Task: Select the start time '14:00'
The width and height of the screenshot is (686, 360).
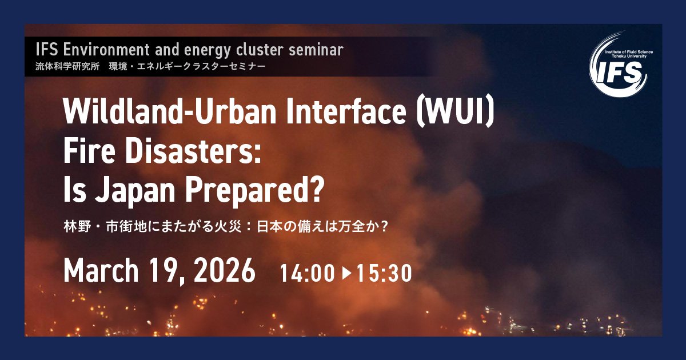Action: click(x=307, y=274)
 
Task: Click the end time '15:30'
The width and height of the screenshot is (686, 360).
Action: click(x=384, y=274)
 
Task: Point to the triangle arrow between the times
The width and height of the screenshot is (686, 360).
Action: click(x=346, y=274)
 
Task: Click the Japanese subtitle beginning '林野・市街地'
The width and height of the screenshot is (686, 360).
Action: click(x=226, y=226)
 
